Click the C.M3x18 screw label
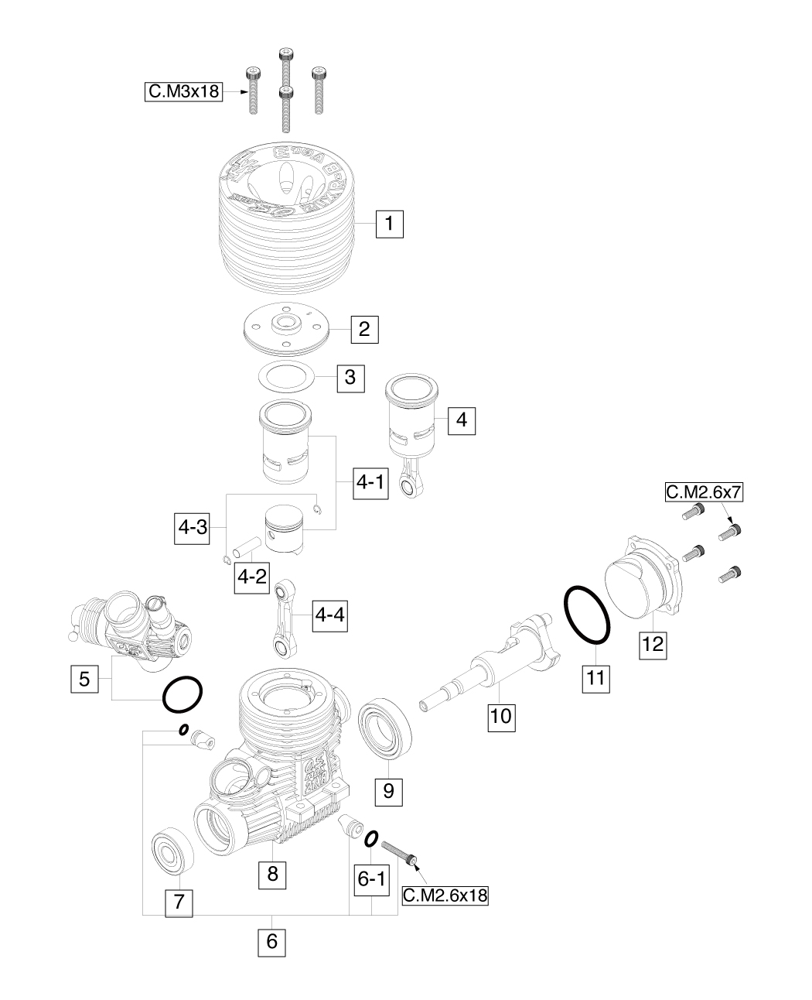click(183, 92)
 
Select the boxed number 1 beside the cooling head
click(390, 224)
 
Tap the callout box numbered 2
click(363, 329)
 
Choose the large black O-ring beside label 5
click(183, 693)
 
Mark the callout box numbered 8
click(271, 875)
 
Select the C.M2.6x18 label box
click(447, 895)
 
